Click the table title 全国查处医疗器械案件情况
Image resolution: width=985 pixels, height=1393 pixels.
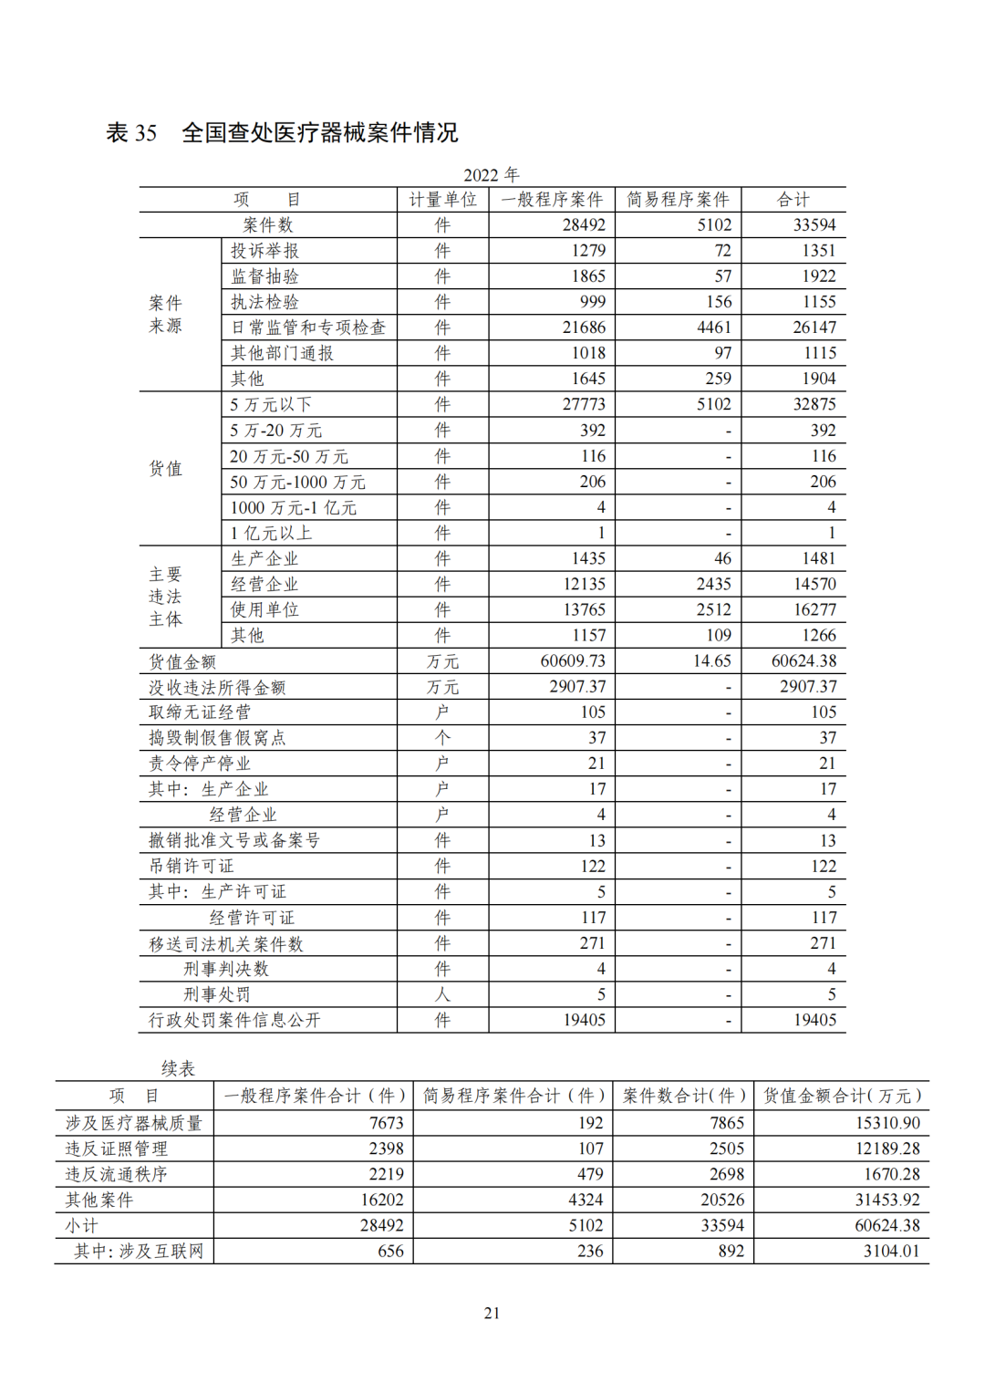click(319, 133)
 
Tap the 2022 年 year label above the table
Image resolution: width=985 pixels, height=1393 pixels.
click(491, 175)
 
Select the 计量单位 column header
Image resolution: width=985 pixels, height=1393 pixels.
click(442, 200)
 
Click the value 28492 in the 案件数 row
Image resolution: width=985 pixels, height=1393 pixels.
click(584, 225)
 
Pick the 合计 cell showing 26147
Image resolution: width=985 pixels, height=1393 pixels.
click(814, 327)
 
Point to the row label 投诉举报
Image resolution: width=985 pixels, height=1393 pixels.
click(264, 251)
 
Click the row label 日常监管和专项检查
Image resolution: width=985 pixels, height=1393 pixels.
click(308, 327)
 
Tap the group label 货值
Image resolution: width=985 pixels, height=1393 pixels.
click(165, 469)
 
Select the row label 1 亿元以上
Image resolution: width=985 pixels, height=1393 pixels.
click(271, 533)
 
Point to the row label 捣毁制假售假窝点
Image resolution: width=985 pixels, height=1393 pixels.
click(217, 738)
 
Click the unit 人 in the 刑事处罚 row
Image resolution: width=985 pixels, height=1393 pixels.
click(442, 994)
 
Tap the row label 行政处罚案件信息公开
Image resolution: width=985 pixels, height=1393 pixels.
click(234, 1020)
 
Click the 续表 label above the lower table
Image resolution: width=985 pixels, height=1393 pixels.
click(178, 1068)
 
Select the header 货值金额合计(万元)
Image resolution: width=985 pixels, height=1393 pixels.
click(841, 1096)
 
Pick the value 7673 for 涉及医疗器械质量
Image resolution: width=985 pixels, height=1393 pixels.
click(386, 1123)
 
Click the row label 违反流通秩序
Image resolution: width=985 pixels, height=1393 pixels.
click(116, 1174)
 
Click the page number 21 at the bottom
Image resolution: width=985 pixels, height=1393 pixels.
click(492, 1313)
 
